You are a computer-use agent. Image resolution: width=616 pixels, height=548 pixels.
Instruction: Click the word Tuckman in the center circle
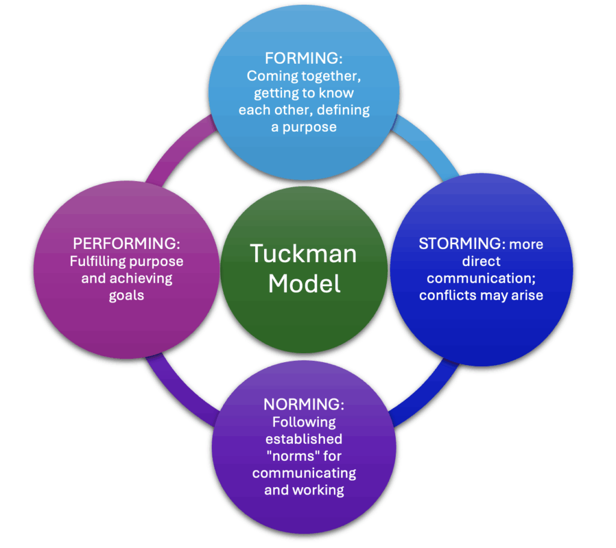pos(304,253)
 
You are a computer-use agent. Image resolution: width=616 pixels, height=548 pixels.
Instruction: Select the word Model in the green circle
pos(304,283)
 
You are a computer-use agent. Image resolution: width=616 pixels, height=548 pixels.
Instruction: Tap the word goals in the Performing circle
pos(127,295)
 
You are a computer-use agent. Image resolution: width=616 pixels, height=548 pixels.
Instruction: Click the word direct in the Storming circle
pos(481,262)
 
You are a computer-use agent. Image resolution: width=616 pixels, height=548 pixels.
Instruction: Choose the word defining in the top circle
pos(345,111)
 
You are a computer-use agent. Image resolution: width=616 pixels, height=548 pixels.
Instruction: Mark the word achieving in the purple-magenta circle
pos(144,279)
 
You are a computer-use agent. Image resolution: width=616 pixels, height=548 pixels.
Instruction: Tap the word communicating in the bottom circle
pos(304,472)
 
